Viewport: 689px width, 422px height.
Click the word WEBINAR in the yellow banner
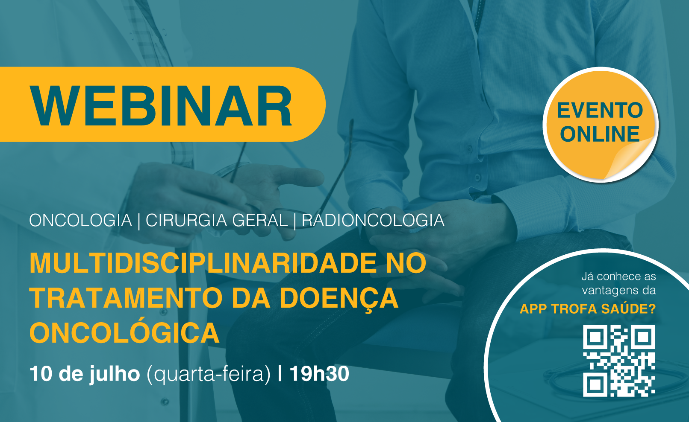161,105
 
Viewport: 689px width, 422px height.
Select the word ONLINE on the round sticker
600,134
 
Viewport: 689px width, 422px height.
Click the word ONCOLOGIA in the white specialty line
80,220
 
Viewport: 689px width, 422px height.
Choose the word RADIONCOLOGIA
373,220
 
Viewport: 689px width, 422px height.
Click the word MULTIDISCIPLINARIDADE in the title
203,263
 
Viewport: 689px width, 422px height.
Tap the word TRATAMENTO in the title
126,298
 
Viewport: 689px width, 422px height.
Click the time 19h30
319,374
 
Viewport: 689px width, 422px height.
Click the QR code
619,361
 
